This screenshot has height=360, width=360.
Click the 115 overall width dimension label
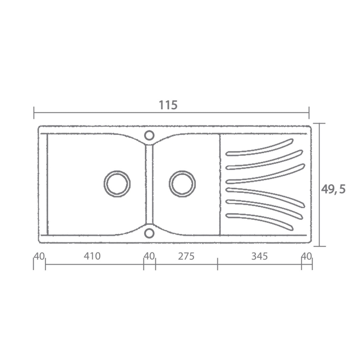click(x=168, y=105)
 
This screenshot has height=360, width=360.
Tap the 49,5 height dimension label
click(x=333, y=189)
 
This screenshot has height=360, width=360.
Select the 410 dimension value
click(x=92, y=256)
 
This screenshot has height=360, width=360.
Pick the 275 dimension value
click(x=186, y=256)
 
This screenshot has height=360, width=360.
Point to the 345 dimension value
click(x=260, y=256)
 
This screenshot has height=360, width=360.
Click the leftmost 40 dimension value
click(x=39, y=256)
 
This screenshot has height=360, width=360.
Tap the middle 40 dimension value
click(x=149, y=256)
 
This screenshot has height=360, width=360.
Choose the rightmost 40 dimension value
click(x=306, y=256)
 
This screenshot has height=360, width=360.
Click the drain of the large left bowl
click(x=117, y=184)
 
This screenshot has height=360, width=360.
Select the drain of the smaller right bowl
click(x=182, y=184)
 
